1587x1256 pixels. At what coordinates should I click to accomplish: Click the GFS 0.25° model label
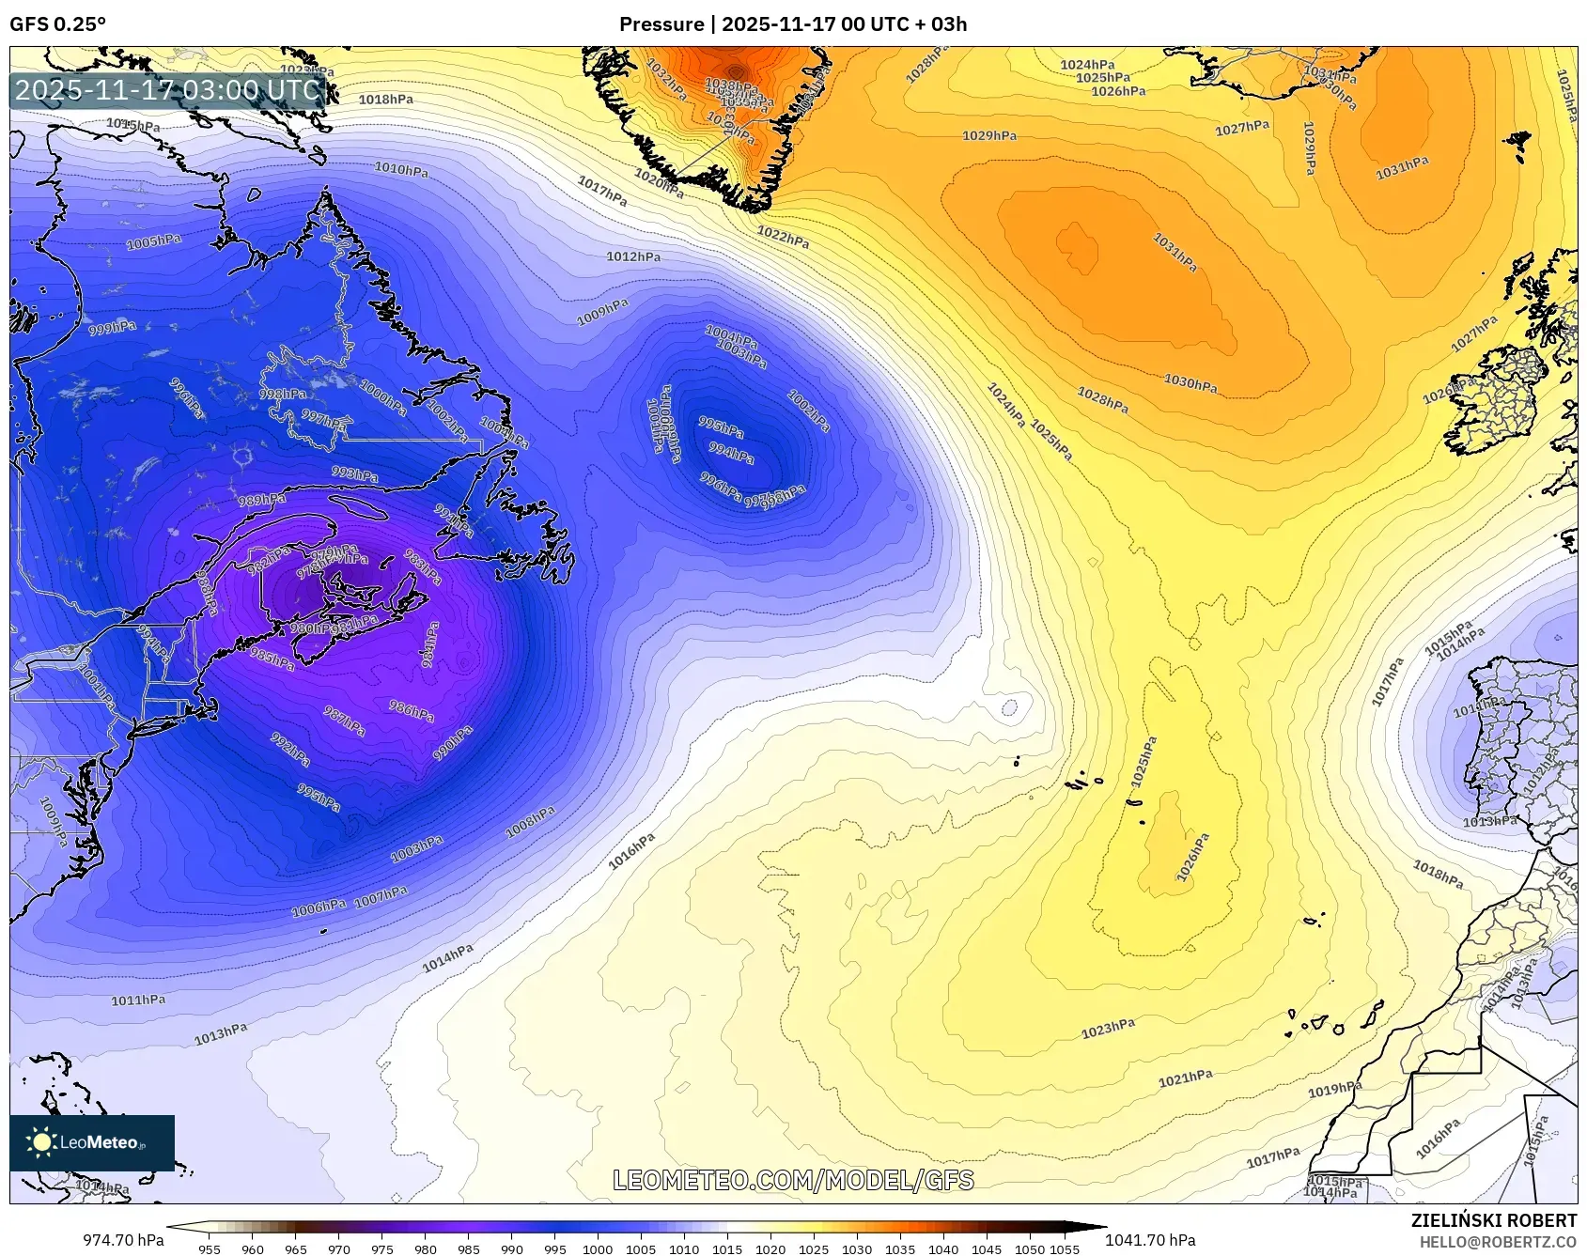[57, 24]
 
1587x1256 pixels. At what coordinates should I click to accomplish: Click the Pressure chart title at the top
[792, 24]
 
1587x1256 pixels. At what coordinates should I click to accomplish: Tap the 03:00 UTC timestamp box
[168, 90]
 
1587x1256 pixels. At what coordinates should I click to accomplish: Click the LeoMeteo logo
[91, 1142]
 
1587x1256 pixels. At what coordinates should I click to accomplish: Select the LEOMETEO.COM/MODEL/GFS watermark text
[793, 1180]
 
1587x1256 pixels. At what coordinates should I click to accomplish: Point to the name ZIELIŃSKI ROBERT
[1493, 1220]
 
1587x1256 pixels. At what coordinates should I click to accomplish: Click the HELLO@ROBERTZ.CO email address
[1498, 1242]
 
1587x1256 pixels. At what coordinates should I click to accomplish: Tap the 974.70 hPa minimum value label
[123, 1240]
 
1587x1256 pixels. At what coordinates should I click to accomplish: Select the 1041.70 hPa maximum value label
[1150, 1240]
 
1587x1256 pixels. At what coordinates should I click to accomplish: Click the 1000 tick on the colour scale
[598, 1249]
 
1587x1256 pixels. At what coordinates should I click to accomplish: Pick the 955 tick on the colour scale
[210, 1249]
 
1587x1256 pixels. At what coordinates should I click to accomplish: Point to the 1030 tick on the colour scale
[857, 1249]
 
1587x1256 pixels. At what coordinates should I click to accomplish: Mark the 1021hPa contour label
[1185, 1078]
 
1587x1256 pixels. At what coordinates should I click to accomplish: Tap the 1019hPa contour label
[1334, 1089]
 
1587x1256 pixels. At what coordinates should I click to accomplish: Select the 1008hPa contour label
[530, 822]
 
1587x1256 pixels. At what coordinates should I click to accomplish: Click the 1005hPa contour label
[154, 242]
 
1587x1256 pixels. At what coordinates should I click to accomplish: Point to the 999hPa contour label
[112, 328]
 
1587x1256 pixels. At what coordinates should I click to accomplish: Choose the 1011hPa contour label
[138, 1000]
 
